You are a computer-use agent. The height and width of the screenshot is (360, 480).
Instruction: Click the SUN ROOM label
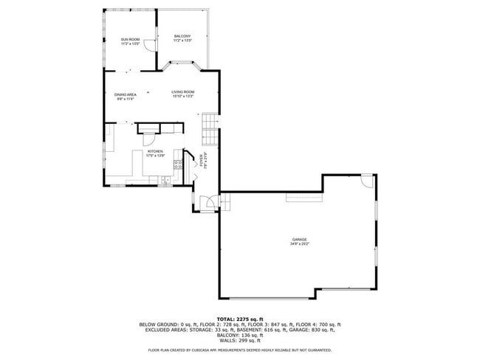130,39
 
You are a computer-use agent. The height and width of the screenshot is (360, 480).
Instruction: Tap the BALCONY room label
182,36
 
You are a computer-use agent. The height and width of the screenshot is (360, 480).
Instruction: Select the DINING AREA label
125,94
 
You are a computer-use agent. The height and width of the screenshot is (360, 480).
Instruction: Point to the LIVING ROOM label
182,91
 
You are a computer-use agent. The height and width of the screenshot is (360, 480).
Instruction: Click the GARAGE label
299,239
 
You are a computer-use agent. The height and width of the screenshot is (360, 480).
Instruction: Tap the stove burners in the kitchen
178,164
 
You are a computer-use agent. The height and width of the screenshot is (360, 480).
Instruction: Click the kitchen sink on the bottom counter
166,179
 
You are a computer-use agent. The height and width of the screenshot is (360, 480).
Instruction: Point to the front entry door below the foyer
210,201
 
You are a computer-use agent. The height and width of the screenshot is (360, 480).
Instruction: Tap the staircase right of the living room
210,129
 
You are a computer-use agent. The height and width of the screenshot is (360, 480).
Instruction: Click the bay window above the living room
182,67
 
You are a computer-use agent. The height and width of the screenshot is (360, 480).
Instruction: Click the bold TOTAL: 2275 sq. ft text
239,318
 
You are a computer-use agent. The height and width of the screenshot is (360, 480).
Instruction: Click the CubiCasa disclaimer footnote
239,350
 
